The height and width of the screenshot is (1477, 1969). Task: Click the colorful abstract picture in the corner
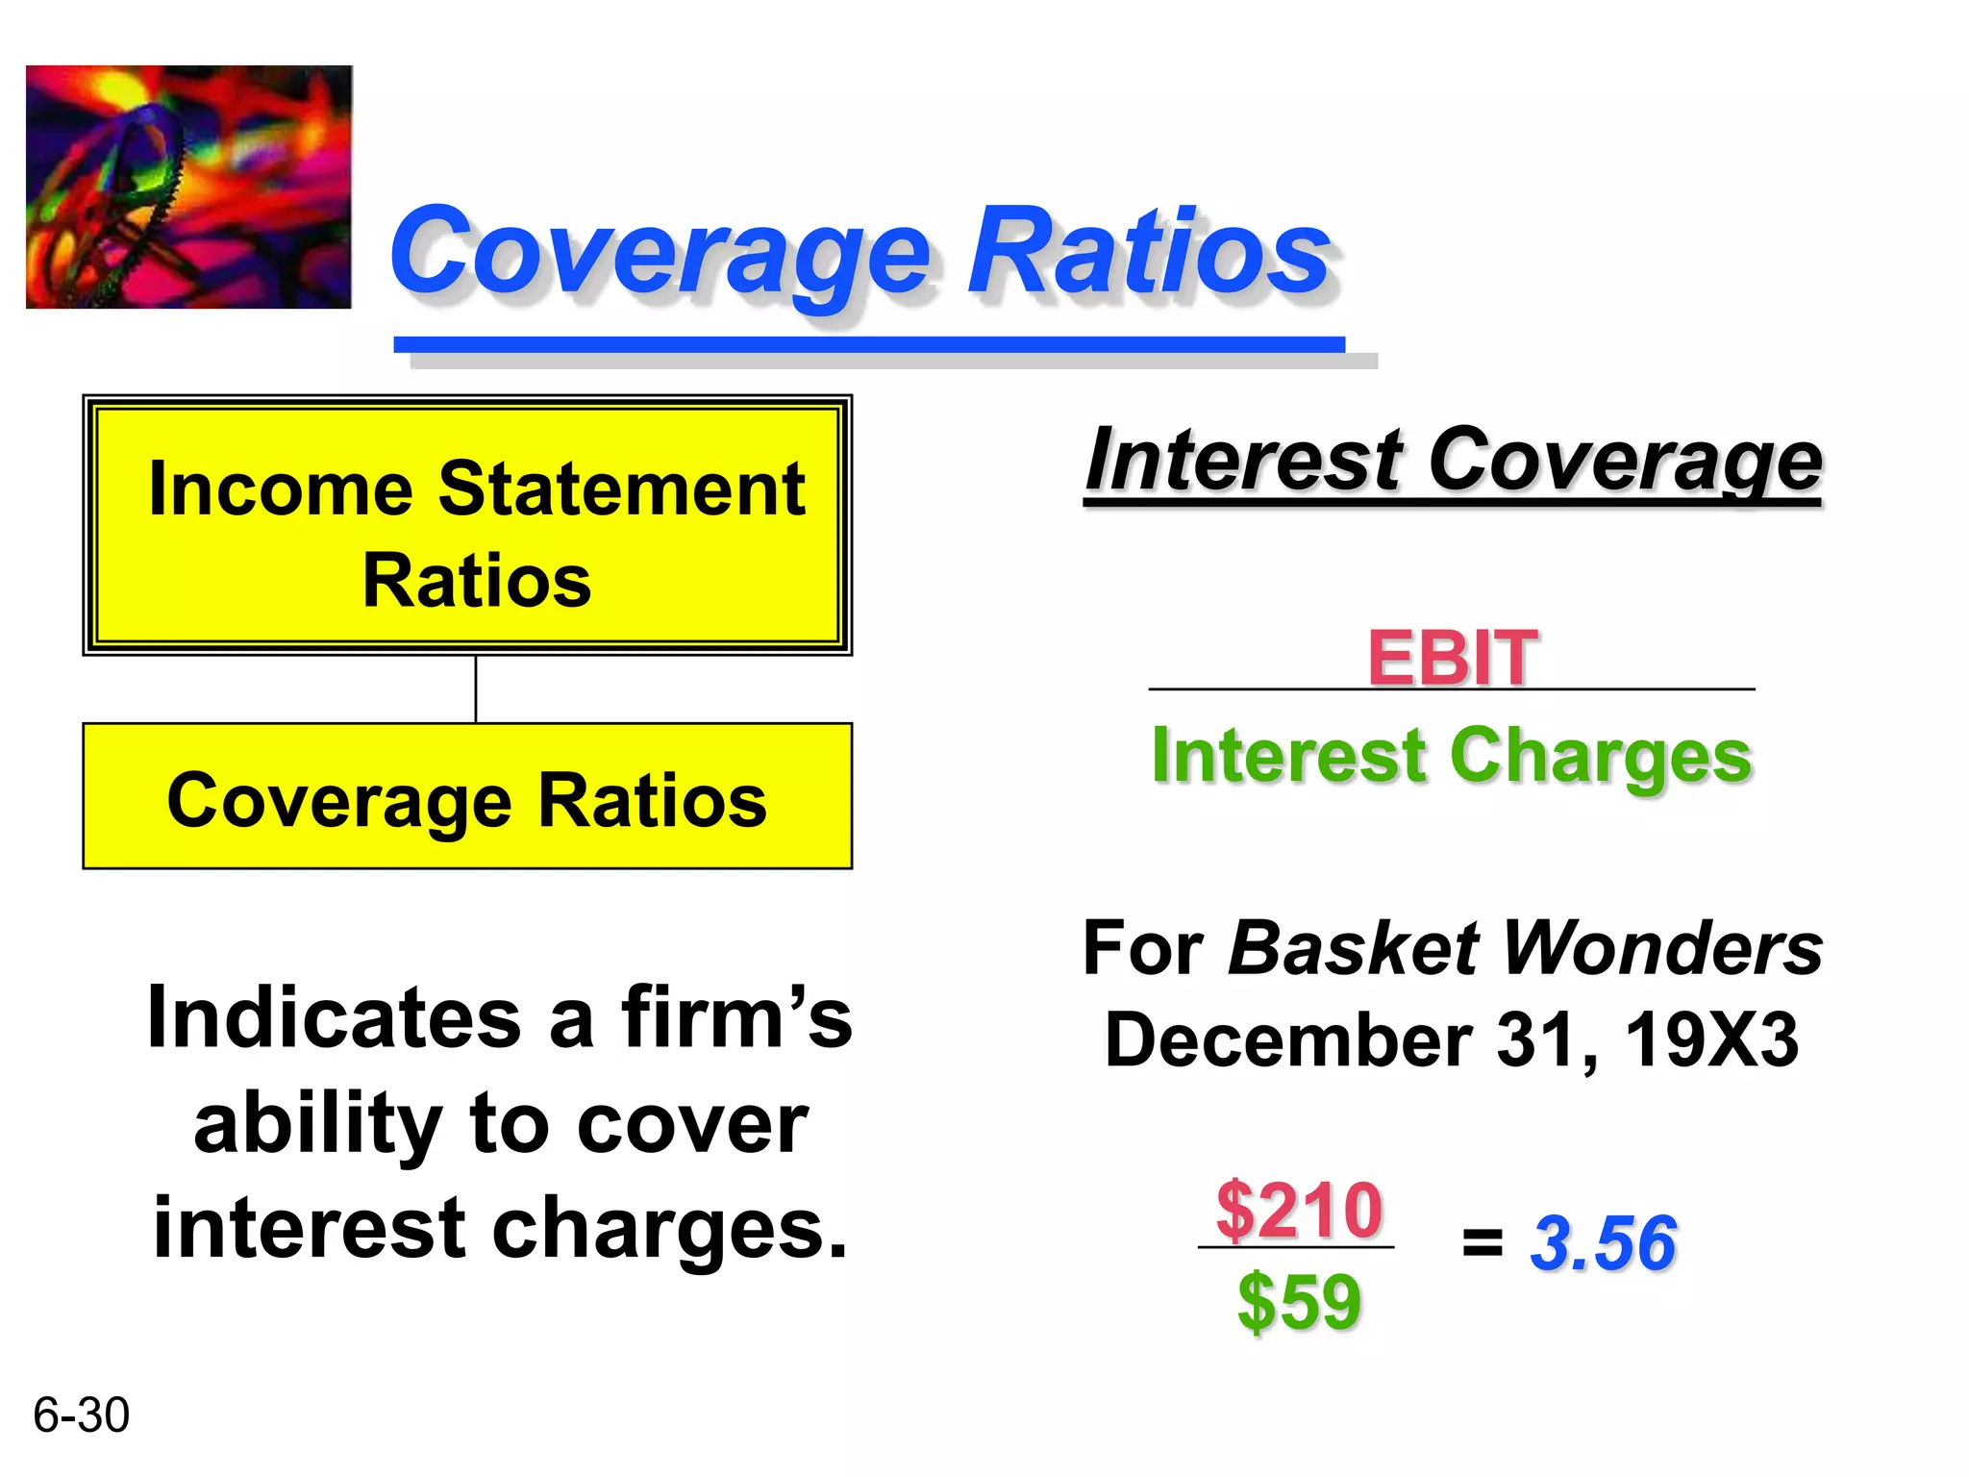pos(188,187)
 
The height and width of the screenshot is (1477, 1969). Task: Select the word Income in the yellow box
pos(280,489)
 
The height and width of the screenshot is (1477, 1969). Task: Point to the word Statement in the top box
pos(621,489)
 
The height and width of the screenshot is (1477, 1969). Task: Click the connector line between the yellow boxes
pos(476,688)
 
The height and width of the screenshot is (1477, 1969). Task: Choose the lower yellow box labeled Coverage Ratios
pos(467,796)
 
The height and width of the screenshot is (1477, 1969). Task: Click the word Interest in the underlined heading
pos(1244,461)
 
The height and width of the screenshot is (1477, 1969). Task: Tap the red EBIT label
pos(1452,658)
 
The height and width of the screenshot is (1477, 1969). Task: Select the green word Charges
pos(1601,756)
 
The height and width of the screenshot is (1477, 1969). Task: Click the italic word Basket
pos(1354,948)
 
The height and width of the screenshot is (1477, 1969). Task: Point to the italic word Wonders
pos(1662,948)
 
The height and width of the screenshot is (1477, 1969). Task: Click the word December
pos(1288,1040)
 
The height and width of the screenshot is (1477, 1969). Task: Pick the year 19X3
pos(1710,1040)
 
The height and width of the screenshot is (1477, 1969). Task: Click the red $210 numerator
pos(1299,1210)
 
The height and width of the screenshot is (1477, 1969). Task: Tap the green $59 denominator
pos(1299,1302)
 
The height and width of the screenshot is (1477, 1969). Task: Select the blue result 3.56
pos(1603,1243)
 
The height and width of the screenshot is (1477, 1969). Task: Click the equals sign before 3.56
pos(1482,1243)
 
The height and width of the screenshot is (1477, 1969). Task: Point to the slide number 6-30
pos(81,1415)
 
